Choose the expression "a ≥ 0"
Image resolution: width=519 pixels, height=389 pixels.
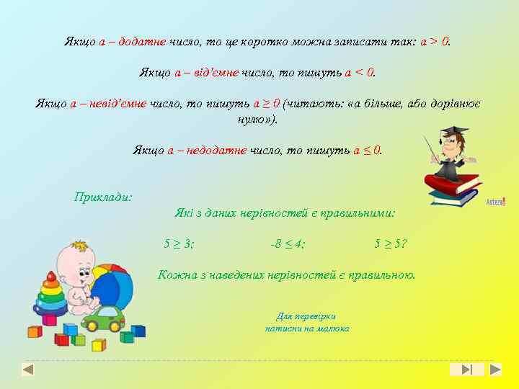click(x=266, y=104)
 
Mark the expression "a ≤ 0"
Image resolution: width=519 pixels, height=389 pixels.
click(x=367, y=150)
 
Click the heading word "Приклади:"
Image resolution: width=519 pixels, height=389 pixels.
click(x=103, y=196)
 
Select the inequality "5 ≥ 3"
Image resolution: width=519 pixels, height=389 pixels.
click(x=178, y=243)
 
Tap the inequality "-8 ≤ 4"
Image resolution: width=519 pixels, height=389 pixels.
click(x=287, y=243)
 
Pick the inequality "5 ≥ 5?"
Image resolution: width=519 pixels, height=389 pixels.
click(x=390, y=243)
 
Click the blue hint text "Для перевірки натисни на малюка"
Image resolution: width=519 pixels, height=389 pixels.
click(x=307, y=322)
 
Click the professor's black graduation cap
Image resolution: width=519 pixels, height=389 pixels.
click(x=453, y=133)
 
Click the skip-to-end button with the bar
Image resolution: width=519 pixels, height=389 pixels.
click(x=466, y=370)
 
